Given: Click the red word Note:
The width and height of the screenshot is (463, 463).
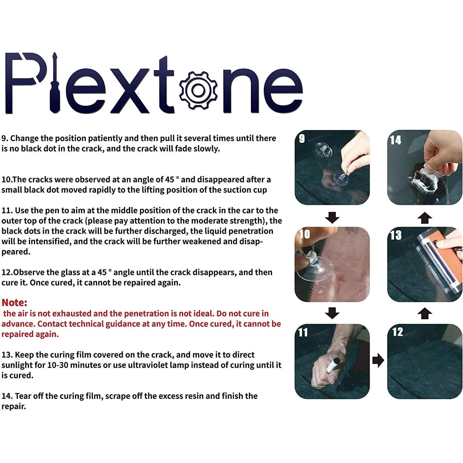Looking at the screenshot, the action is coord(15,302).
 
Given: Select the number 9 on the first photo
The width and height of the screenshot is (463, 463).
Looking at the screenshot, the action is coord(302,139).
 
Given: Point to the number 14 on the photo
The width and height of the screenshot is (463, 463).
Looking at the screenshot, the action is coord(395,140).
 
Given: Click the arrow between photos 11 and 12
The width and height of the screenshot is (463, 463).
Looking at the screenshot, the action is coord(378,360).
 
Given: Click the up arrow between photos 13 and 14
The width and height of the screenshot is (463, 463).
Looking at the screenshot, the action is coord(425,218).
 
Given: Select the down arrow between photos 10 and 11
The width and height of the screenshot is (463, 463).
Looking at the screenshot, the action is coord(332,313).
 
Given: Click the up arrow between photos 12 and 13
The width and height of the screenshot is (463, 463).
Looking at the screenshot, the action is coord(425,313).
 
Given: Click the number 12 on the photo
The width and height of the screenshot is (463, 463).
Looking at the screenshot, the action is coord(397,332).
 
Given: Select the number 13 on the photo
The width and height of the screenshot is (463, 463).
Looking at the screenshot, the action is coord(395,236).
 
